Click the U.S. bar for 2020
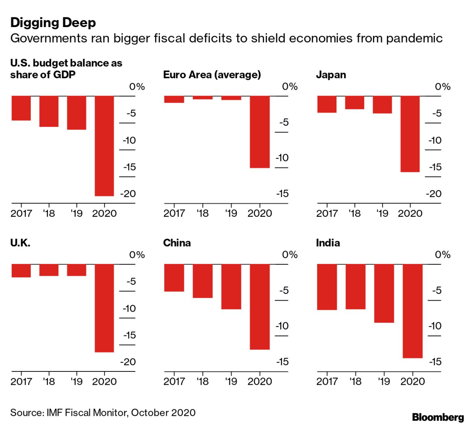(104, 146)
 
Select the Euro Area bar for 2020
(260, 132)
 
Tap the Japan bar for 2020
(410, 134)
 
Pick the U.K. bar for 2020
(104, 308)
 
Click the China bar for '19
(231, 287)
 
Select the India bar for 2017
(327, 287)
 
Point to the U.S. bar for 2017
(21, 108)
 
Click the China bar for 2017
(174, 278)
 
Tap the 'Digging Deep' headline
(53, 23)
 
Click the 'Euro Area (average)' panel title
(212, 75)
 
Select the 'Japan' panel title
(331, 75)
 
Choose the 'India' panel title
(328, 243)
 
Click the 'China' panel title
(177, 243)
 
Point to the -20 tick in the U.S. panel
(128, 193)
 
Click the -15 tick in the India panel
(435, 361)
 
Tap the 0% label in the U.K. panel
(137, 255)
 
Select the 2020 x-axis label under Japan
(410, 213)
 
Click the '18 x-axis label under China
(203, 381)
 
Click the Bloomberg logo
(438, 417)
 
